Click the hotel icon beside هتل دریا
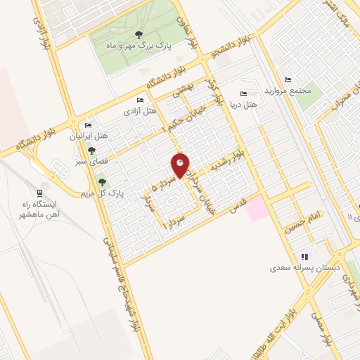[243, 94]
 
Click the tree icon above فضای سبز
[91, 150]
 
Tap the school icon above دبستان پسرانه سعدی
[304, 257]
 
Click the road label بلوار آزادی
[38, 29]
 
